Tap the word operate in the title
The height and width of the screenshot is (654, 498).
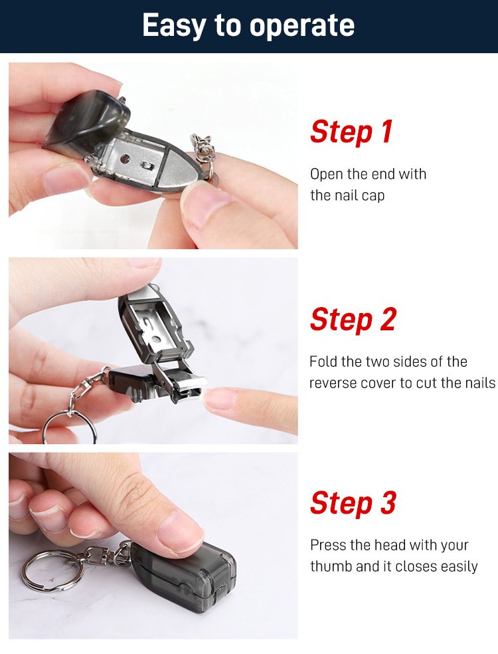coord(302,27)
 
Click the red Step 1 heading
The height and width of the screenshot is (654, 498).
coord(351,132)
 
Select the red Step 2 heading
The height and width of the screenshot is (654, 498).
coord(353,320)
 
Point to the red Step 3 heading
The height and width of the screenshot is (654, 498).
coord(353,503)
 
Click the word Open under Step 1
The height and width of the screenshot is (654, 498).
coord(327,174)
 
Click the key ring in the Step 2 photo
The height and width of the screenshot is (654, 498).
coord(70,427)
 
